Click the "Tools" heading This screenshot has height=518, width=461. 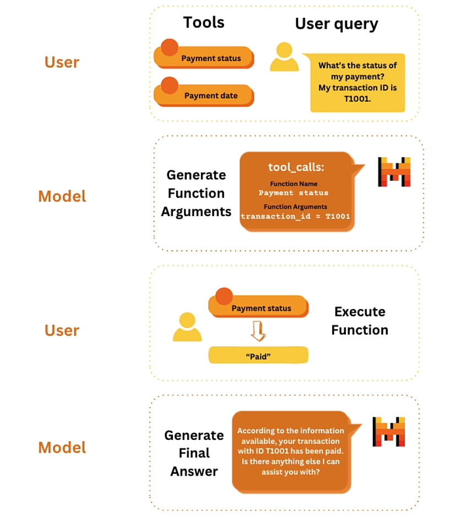204,23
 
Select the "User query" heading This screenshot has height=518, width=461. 337,24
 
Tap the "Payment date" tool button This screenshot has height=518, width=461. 204,95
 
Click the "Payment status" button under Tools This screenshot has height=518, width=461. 204,58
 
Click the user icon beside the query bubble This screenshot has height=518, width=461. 284,58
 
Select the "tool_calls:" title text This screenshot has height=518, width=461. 295,167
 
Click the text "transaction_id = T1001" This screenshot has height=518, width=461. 295,217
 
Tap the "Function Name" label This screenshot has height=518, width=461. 294,184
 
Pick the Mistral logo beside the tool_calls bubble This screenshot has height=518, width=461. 394,172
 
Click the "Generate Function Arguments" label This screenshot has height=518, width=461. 196,193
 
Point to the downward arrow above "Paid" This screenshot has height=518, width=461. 258,330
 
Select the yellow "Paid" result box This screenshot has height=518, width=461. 258,356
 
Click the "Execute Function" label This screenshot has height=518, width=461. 360,321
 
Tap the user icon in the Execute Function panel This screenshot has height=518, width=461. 187,328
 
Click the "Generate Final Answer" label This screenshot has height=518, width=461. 194,453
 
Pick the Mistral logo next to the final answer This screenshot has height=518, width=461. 389,432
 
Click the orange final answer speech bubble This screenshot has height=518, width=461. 291,451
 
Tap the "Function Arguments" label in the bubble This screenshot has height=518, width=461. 295,207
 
